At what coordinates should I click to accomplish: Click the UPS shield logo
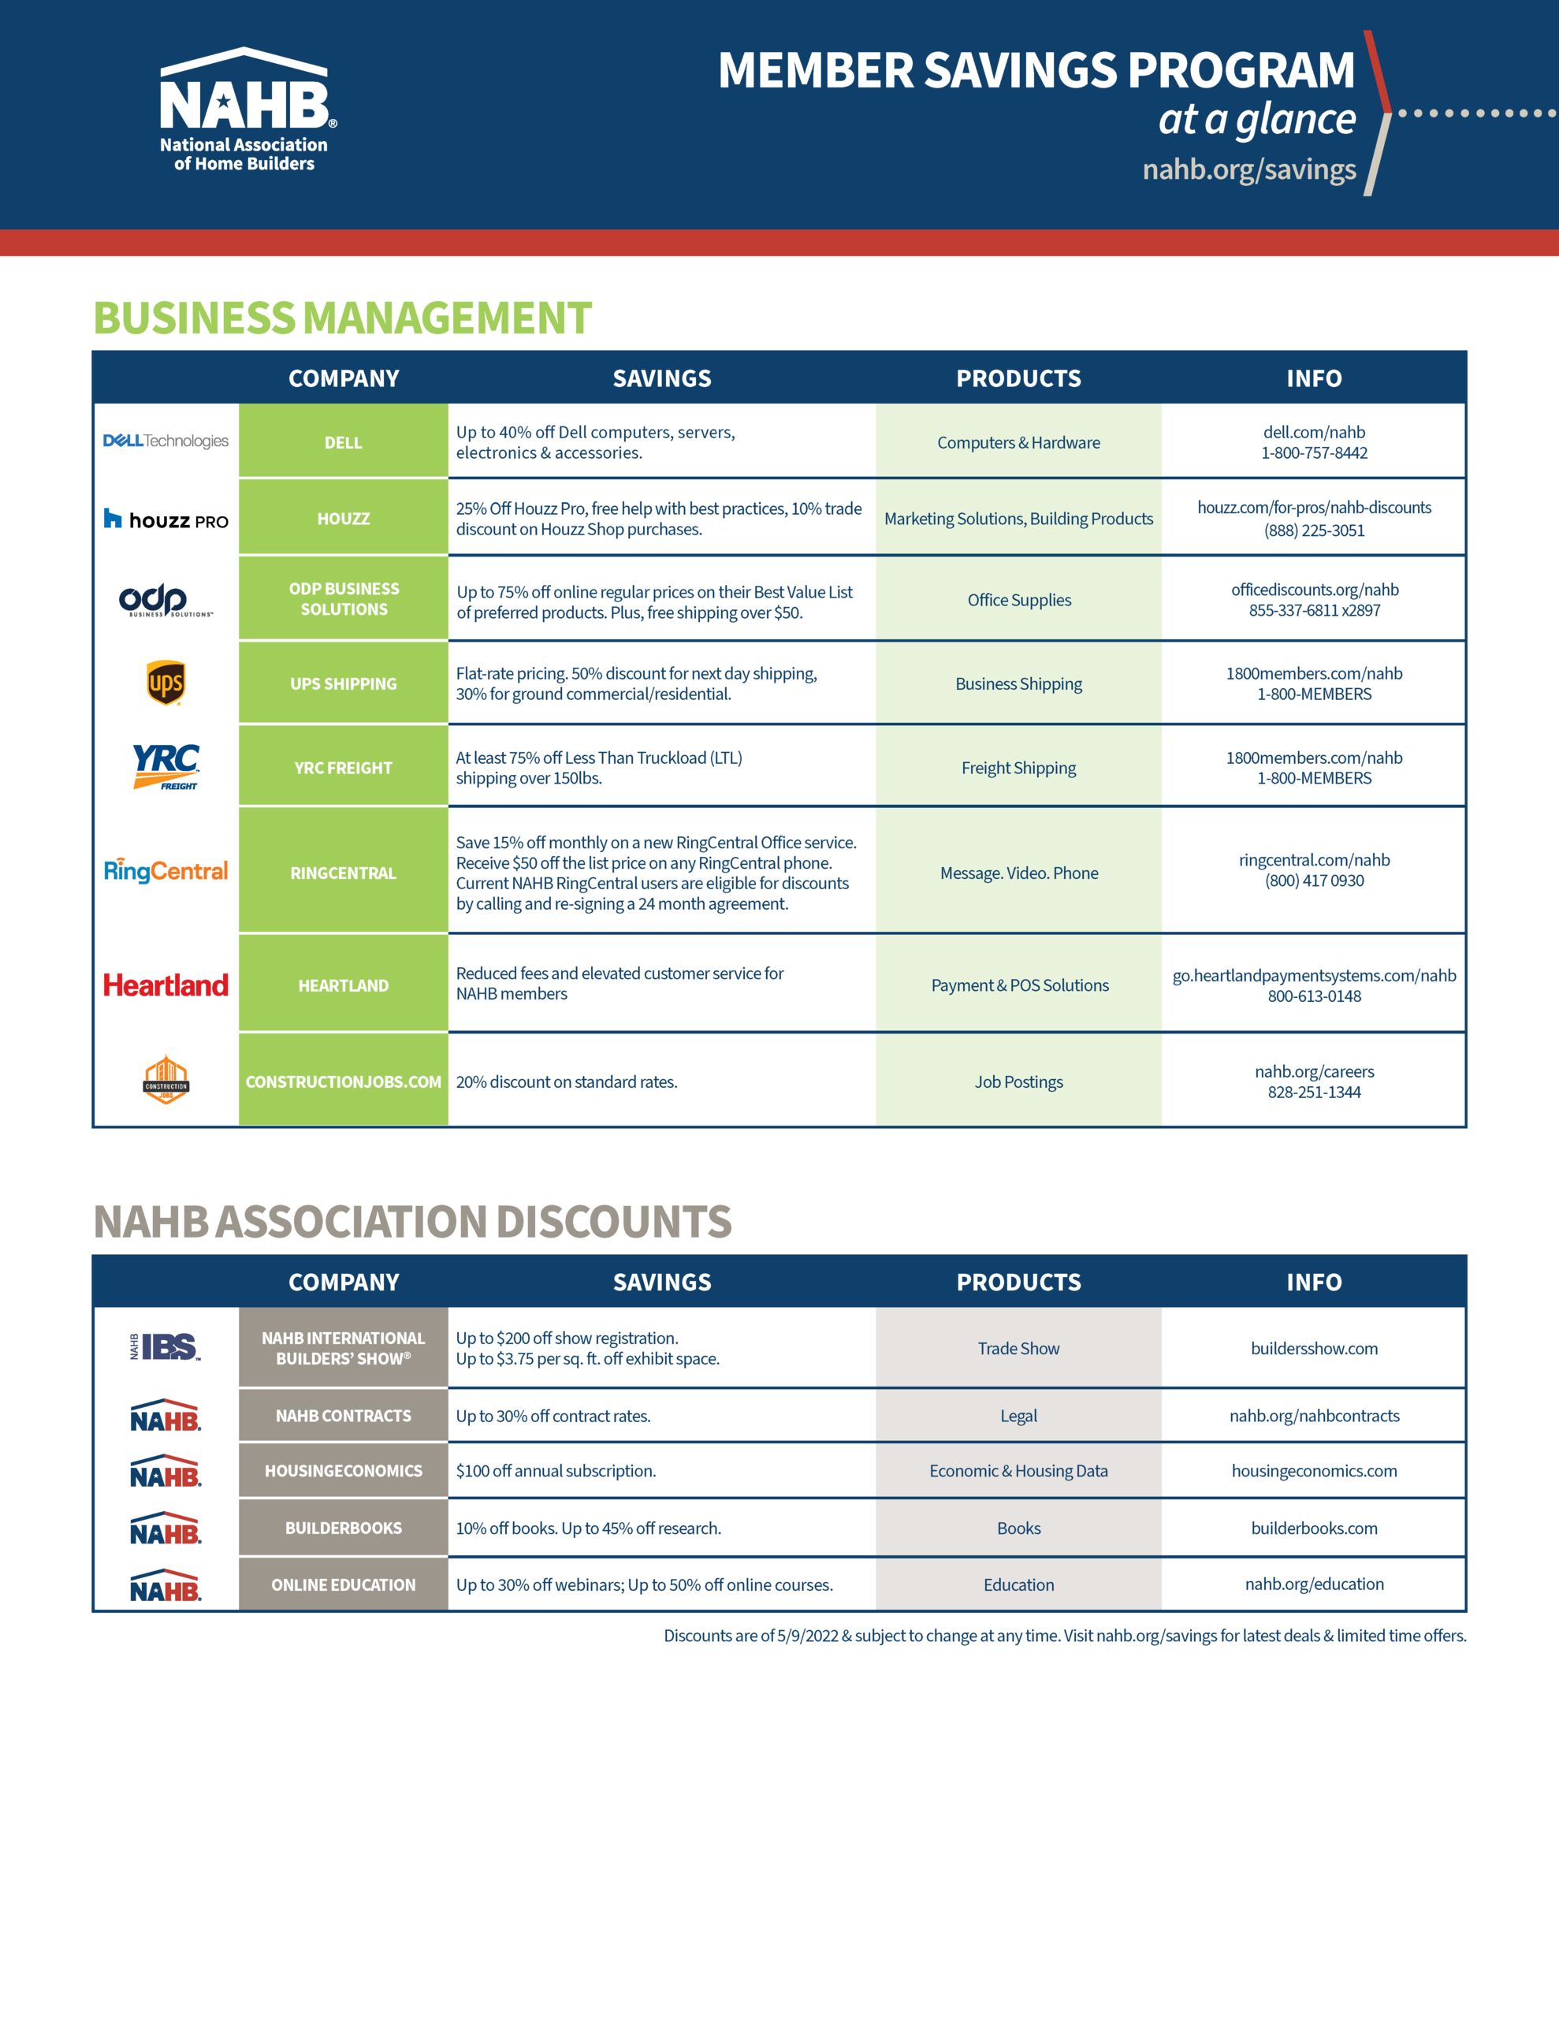coord(166,683)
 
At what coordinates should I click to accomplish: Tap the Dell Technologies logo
coord(166,441)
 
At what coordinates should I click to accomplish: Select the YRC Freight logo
coord(166,767)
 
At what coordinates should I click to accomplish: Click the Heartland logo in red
coord(166,985)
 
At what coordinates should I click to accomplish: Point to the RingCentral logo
coord(166,870)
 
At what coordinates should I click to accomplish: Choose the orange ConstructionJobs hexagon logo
coord(166,1079)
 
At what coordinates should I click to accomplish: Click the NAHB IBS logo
coord(166,1347)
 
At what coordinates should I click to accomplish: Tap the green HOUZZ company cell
coord(343,517)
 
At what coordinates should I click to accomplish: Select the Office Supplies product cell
coord(1018,599)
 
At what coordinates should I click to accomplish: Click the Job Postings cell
coord(1018,1080)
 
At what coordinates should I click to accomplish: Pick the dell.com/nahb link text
coord(1313,431)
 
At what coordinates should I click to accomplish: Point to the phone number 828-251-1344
coord(1313,1091)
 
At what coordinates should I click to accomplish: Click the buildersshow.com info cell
coord(1313,1347)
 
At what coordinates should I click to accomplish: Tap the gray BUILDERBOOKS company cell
coord(343,1528)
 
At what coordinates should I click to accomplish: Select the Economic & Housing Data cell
coord(1018,1470)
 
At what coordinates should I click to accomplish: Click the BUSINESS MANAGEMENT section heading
coord(342,318)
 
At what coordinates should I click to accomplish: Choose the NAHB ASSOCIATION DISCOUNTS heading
coord(412,1222)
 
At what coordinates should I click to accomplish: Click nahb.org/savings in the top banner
coord(1248,169)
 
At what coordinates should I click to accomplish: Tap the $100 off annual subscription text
coord(556,1470)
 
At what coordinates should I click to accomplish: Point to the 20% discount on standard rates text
coord(567,1081)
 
